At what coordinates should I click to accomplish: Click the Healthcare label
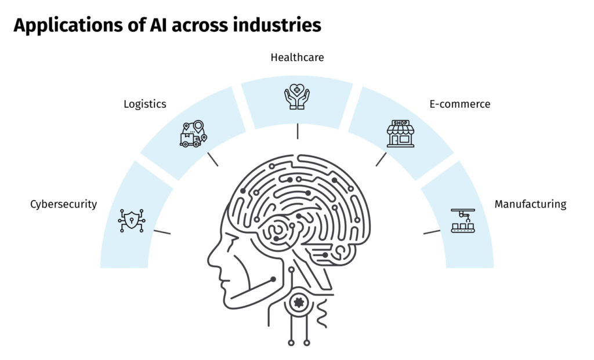point(297,57)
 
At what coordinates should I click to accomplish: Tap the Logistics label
point(145,104)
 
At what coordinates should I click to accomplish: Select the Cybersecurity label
point(63,204)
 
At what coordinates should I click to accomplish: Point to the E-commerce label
point(460,104)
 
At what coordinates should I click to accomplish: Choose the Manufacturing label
point(530,204)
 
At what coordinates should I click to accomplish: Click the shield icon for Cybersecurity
point(132,220)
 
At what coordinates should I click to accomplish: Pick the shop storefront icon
point(401,134)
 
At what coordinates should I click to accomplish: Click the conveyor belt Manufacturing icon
point(462,221)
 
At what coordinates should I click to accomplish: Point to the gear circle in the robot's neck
point(299,301)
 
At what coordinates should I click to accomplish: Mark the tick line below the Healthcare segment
point(297,131)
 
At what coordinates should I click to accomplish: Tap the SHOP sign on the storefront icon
point(401,123)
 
